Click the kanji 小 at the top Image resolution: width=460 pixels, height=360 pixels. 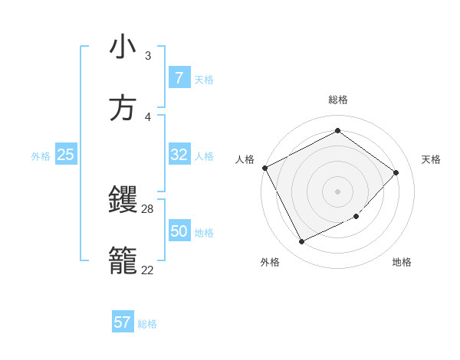[123, 47]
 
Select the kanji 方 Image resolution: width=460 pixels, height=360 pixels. [123, 108]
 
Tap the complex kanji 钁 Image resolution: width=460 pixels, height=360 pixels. [123, 201]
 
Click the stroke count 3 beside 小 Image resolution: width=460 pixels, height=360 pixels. [147, 56]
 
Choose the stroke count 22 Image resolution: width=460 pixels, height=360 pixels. [148, 270]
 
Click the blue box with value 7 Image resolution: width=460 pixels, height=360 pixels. [179, 77]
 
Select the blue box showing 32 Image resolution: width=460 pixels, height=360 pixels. [179, 155]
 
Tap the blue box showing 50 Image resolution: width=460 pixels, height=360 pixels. [179, 231]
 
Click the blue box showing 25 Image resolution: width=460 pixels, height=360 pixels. [66, 155]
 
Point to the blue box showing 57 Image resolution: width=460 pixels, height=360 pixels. [123, 322]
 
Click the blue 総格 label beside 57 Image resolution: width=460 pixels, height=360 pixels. [148, 324]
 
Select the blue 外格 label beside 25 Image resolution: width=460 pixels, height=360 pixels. [41, 156]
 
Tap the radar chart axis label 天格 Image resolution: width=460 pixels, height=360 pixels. [431, 159]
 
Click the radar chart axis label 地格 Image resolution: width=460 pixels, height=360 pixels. [402, 263]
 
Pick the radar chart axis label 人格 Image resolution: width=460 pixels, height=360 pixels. [245, 159]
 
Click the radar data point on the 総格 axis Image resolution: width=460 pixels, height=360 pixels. [337, 131]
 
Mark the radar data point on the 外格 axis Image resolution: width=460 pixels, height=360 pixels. [301, 242]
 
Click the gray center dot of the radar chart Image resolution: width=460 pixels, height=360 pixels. [337, 191]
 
